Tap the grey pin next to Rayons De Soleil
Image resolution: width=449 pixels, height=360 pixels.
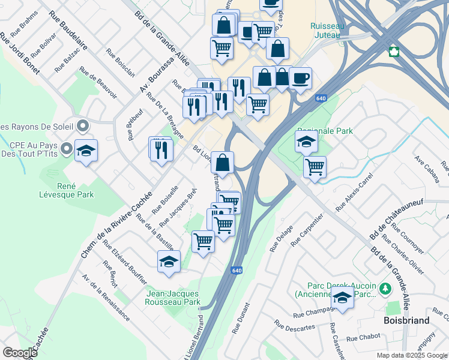pyautogui.click(x=83, y=126)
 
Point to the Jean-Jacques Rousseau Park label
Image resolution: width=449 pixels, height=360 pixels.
pyautogui.click(x=173, y=298)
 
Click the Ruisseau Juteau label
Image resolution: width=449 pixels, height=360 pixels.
pyautogui.click(x=325, y=31)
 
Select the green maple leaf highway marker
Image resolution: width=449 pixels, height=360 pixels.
pyautogui.click(x=394, y=51)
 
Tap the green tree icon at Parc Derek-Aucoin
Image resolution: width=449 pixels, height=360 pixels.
pyautogui.click(x=385, y=289)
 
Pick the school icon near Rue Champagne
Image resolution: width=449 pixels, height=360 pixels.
pyautogui.click(x=342, y=297)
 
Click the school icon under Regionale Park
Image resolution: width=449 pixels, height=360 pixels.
pyautogui.click(x=306, y=143)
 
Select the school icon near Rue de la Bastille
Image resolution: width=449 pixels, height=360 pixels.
pyautogui.click(x=169, y=262)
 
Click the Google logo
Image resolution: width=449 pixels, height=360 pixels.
pyautogui.click(x=20, y=353)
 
